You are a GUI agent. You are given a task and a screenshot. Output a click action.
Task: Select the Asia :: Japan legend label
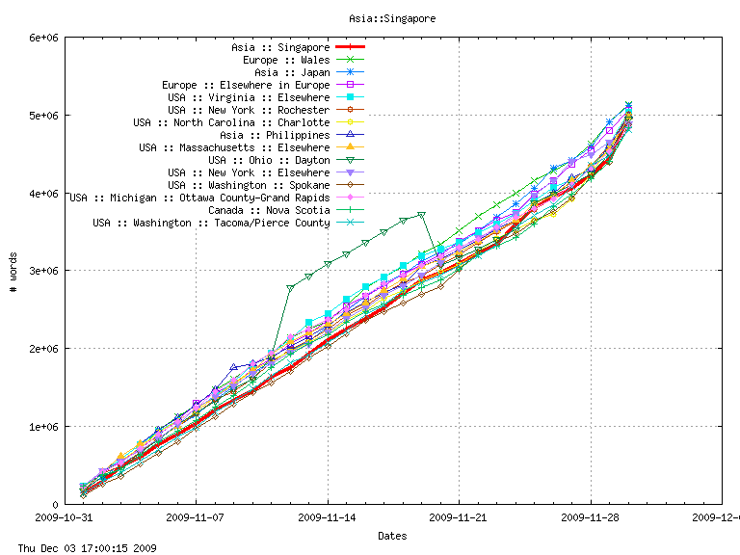[292, 72]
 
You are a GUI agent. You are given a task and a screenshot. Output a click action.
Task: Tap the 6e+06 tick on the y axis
[46, 38]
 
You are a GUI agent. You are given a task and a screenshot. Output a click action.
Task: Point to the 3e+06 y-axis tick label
[46, 271]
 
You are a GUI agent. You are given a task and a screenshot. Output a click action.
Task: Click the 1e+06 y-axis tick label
[46, 426]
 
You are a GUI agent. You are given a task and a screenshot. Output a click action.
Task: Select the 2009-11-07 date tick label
[196, 516]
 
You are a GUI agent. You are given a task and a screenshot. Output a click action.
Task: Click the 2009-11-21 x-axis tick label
[459, 516]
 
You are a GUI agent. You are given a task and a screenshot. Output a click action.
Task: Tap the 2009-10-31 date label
[65, 516]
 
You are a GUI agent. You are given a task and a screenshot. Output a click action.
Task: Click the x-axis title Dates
[392, 536]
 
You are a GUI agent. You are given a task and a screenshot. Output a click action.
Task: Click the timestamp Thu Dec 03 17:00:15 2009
[88, 548]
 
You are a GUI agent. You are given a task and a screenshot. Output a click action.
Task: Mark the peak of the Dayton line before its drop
[421, 214]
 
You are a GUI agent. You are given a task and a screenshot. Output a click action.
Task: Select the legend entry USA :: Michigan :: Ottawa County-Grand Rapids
[199, 198]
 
